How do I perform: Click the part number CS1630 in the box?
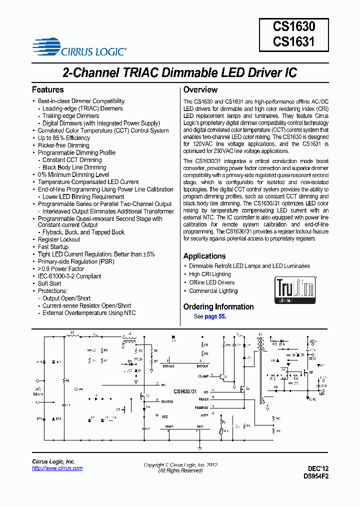(294, 26)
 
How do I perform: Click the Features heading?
(47, 90)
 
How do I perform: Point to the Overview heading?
(200, 90)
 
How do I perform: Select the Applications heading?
(204, 256)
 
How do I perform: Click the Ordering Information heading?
(218, 306)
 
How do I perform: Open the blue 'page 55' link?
(214, 317)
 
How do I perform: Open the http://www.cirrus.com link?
(57, 468)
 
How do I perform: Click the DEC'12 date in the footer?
(318, 469)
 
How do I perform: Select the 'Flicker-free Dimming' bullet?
(63, 145)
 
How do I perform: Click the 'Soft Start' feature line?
(49, 283)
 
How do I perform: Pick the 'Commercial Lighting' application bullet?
(213, 291)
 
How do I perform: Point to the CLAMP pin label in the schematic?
(203, 376)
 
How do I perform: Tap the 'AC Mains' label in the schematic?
(38, 391)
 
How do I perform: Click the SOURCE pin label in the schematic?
(167, 401)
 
